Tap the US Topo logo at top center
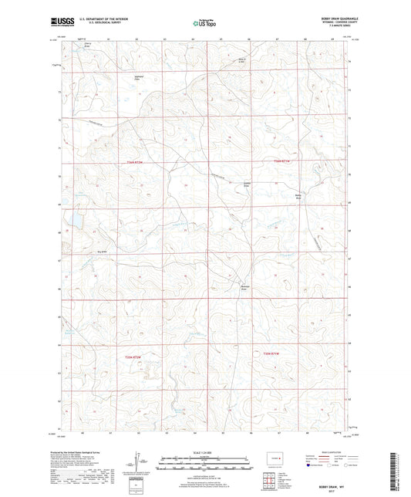coord(204,24)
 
